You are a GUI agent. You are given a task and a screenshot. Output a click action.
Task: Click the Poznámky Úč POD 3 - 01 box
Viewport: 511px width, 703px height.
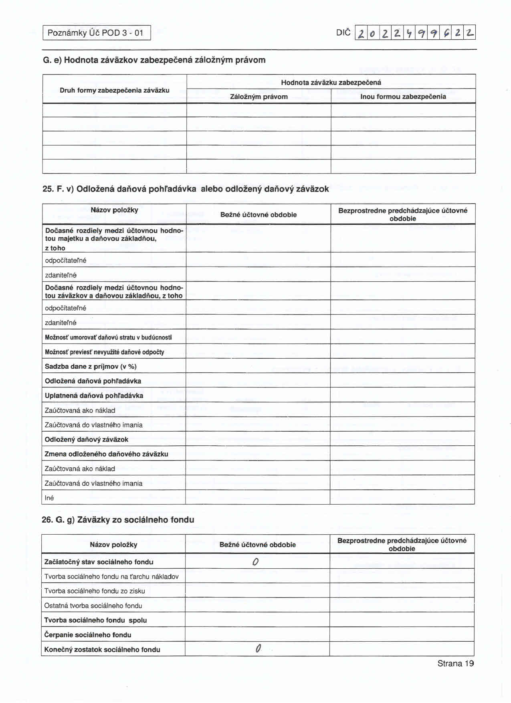click(96, 33)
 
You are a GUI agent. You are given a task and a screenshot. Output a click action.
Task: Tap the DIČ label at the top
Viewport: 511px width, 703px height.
click(343, 32)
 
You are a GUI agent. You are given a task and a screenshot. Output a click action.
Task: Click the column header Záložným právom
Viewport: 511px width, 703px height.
click(259, 97)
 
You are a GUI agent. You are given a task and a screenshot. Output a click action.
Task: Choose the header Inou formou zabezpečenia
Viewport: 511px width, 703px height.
click(403, 97)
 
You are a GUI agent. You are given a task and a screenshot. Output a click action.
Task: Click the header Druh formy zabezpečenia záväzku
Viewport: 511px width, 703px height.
click(115, 90)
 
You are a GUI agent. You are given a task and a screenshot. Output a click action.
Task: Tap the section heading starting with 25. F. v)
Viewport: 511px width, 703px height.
click(186, 189)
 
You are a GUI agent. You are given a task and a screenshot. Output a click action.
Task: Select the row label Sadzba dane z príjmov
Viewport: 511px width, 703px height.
click(91, 366)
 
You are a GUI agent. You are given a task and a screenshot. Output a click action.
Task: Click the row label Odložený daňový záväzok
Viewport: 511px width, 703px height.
click(87, 439)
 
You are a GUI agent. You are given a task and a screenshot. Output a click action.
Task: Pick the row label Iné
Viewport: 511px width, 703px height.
click(49, 498)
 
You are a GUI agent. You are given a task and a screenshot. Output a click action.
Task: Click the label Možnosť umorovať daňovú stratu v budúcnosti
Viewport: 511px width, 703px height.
click(108, 337)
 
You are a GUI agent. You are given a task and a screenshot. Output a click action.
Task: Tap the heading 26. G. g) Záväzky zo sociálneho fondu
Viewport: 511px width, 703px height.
click(118, 520)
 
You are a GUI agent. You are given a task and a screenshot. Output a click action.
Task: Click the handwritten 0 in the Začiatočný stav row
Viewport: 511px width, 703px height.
click(256, 562)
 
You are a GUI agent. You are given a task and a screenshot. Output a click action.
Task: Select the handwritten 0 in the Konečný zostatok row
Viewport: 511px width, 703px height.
click(258, 649)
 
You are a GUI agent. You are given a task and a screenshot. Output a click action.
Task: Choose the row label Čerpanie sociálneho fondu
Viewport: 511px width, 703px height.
click(88, 635)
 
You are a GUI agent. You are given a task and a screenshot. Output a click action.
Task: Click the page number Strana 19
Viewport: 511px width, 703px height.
click(456, 664)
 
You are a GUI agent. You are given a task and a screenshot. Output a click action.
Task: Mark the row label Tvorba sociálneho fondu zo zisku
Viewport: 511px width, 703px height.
click(95, 591)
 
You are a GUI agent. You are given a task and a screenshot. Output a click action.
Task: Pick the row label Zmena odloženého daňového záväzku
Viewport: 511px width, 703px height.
click(106, 454)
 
